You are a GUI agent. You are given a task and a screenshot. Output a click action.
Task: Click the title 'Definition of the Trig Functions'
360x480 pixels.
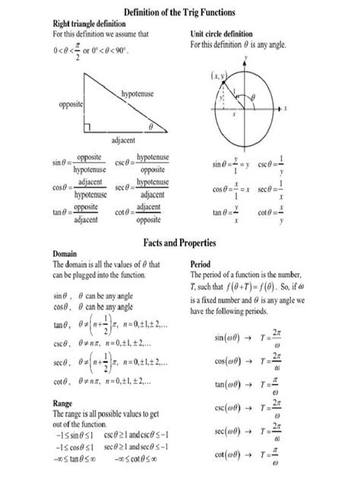pos(179,13)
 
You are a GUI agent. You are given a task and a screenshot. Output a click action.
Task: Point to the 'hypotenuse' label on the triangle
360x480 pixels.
pos(137,93)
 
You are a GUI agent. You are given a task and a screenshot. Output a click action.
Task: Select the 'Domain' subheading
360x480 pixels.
pos(66,254)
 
